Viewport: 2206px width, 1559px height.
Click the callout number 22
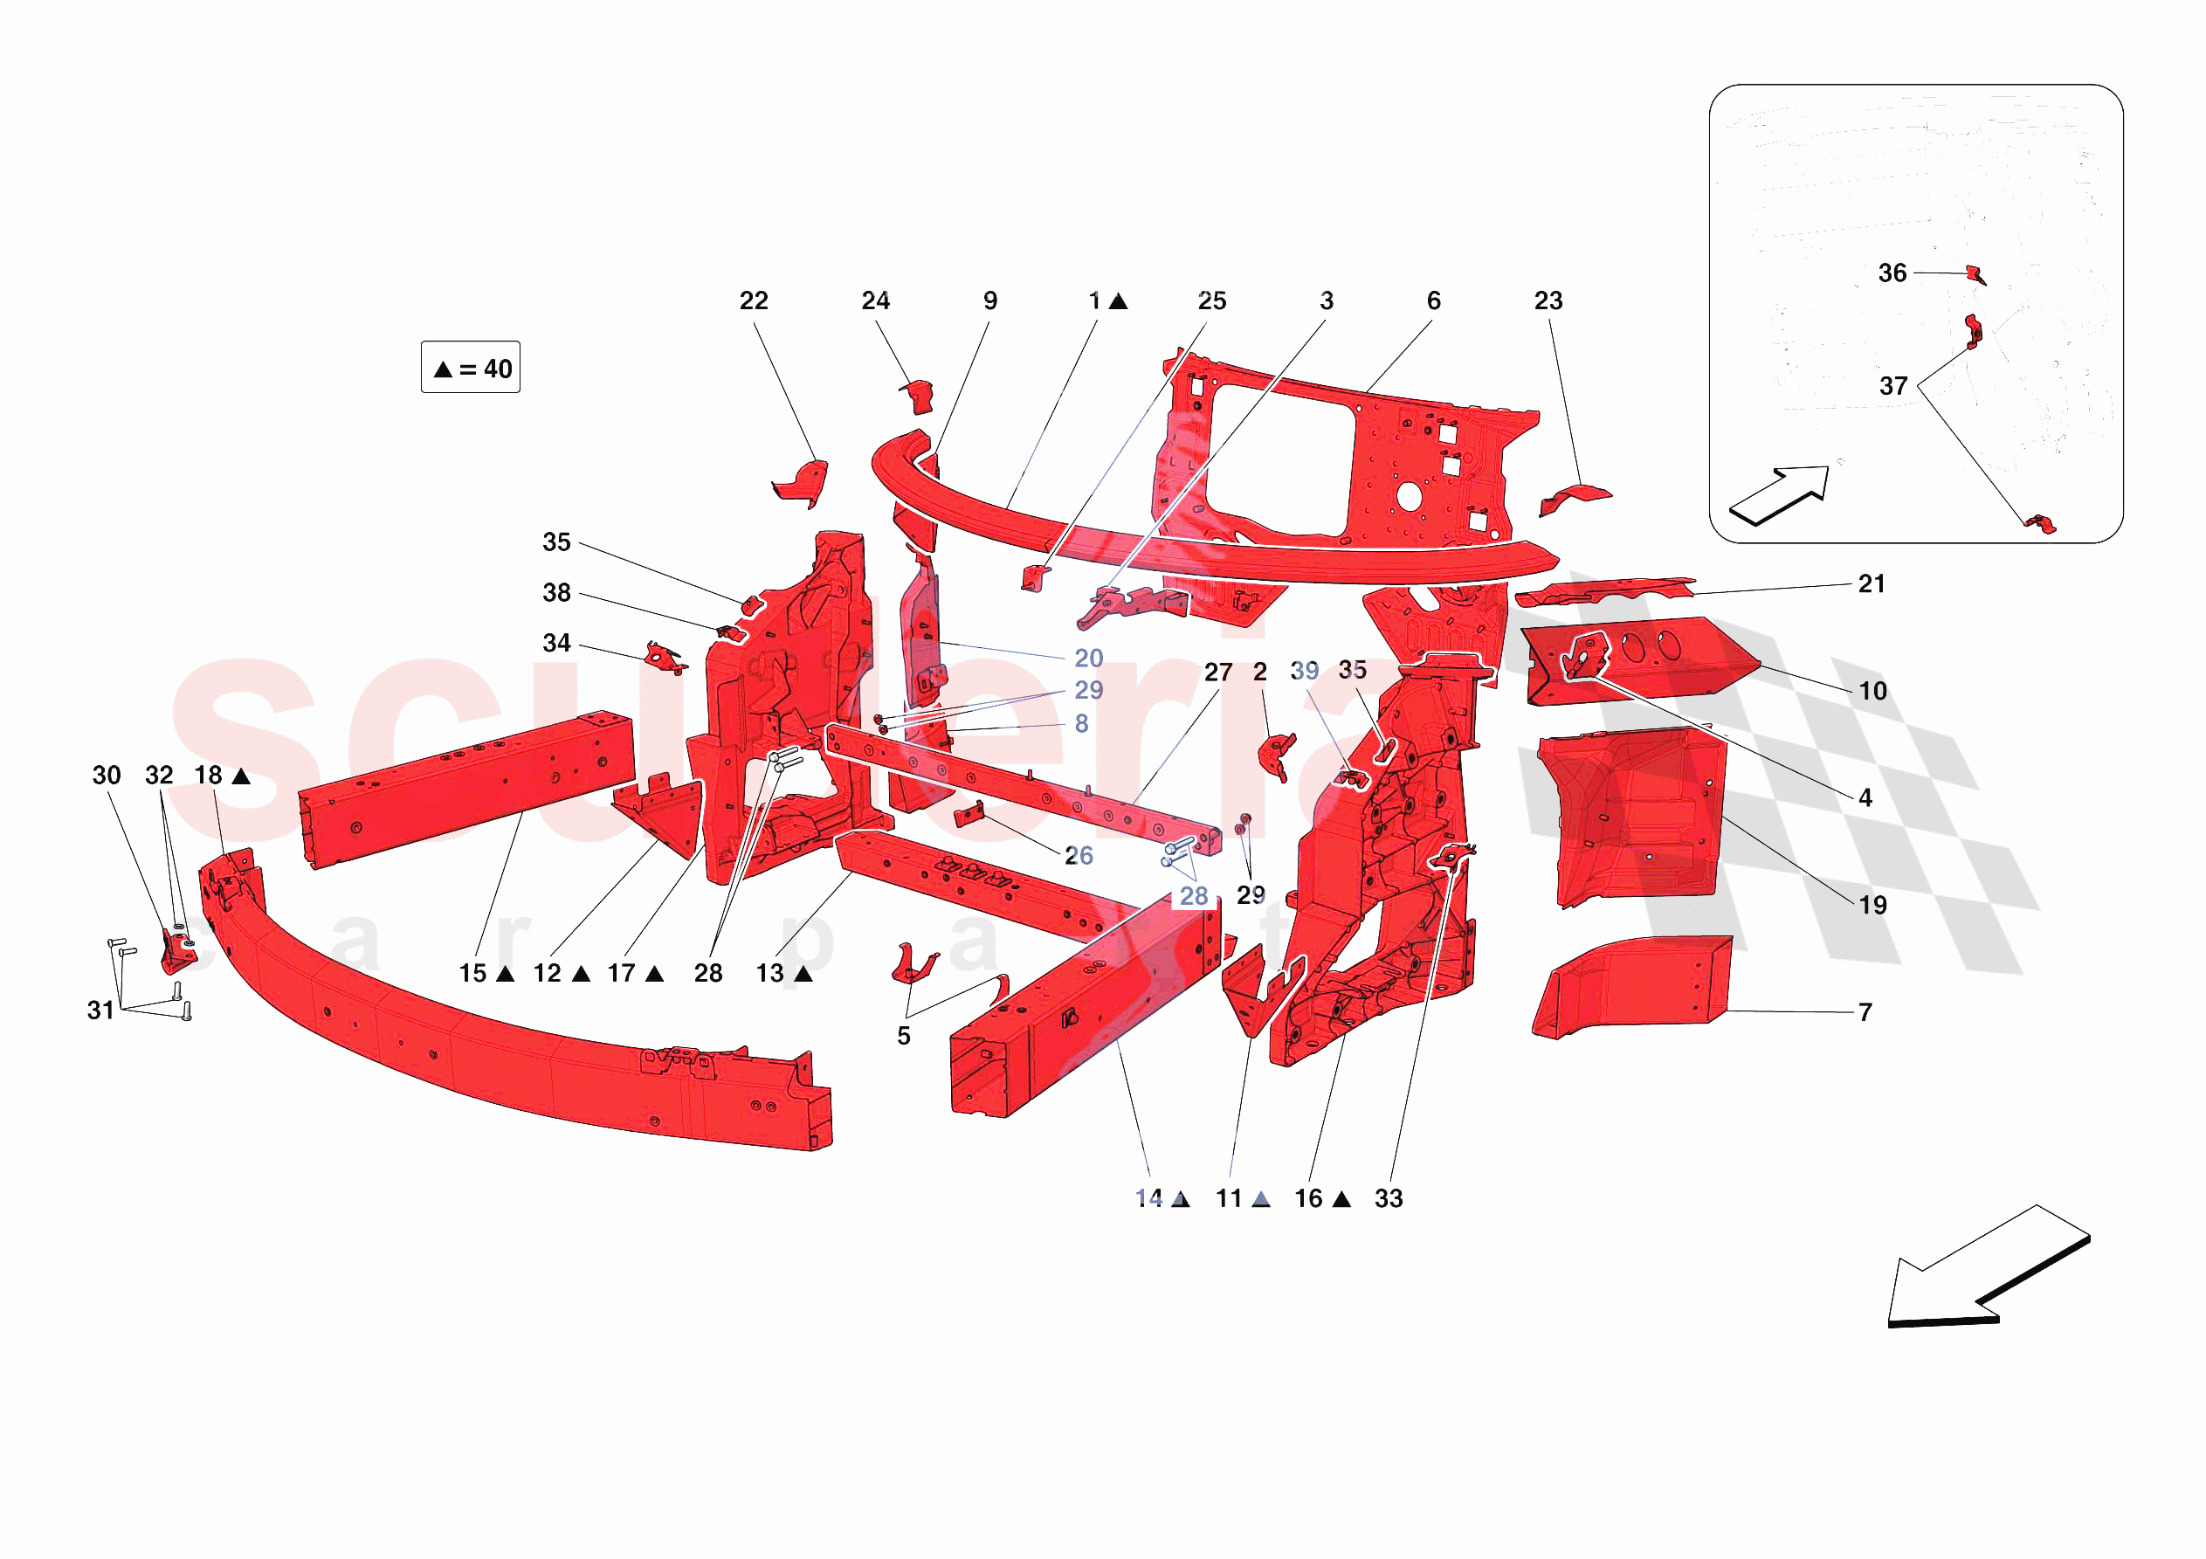(x=754, y=300)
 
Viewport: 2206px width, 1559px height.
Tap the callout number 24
(x=875, y=300)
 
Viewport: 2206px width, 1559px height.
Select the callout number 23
(x=1548, y=300)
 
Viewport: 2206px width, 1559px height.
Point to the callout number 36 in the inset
(x=1892, y=273)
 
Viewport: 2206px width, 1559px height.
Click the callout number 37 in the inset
(x=1892, y=386)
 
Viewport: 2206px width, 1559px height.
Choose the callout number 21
(x=1871, y=583)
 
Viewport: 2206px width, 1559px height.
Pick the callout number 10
(x=1872, y=690)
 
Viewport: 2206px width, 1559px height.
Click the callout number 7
(x=1865, y=1011)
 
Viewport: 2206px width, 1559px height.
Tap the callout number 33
(x=1389, y=1197)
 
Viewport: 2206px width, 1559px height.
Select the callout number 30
(x=107, y=775)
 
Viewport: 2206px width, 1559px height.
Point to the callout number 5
(x=903, y=1035)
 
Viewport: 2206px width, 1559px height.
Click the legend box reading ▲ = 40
(x=471, y=367)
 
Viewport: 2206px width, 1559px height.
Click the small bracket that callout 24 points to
(x=919, y=395)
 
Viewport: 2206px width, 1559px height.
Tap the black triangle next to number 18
(x=241, y=776)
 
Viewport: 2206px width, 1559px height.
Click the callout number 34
(x=556, y=643)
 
